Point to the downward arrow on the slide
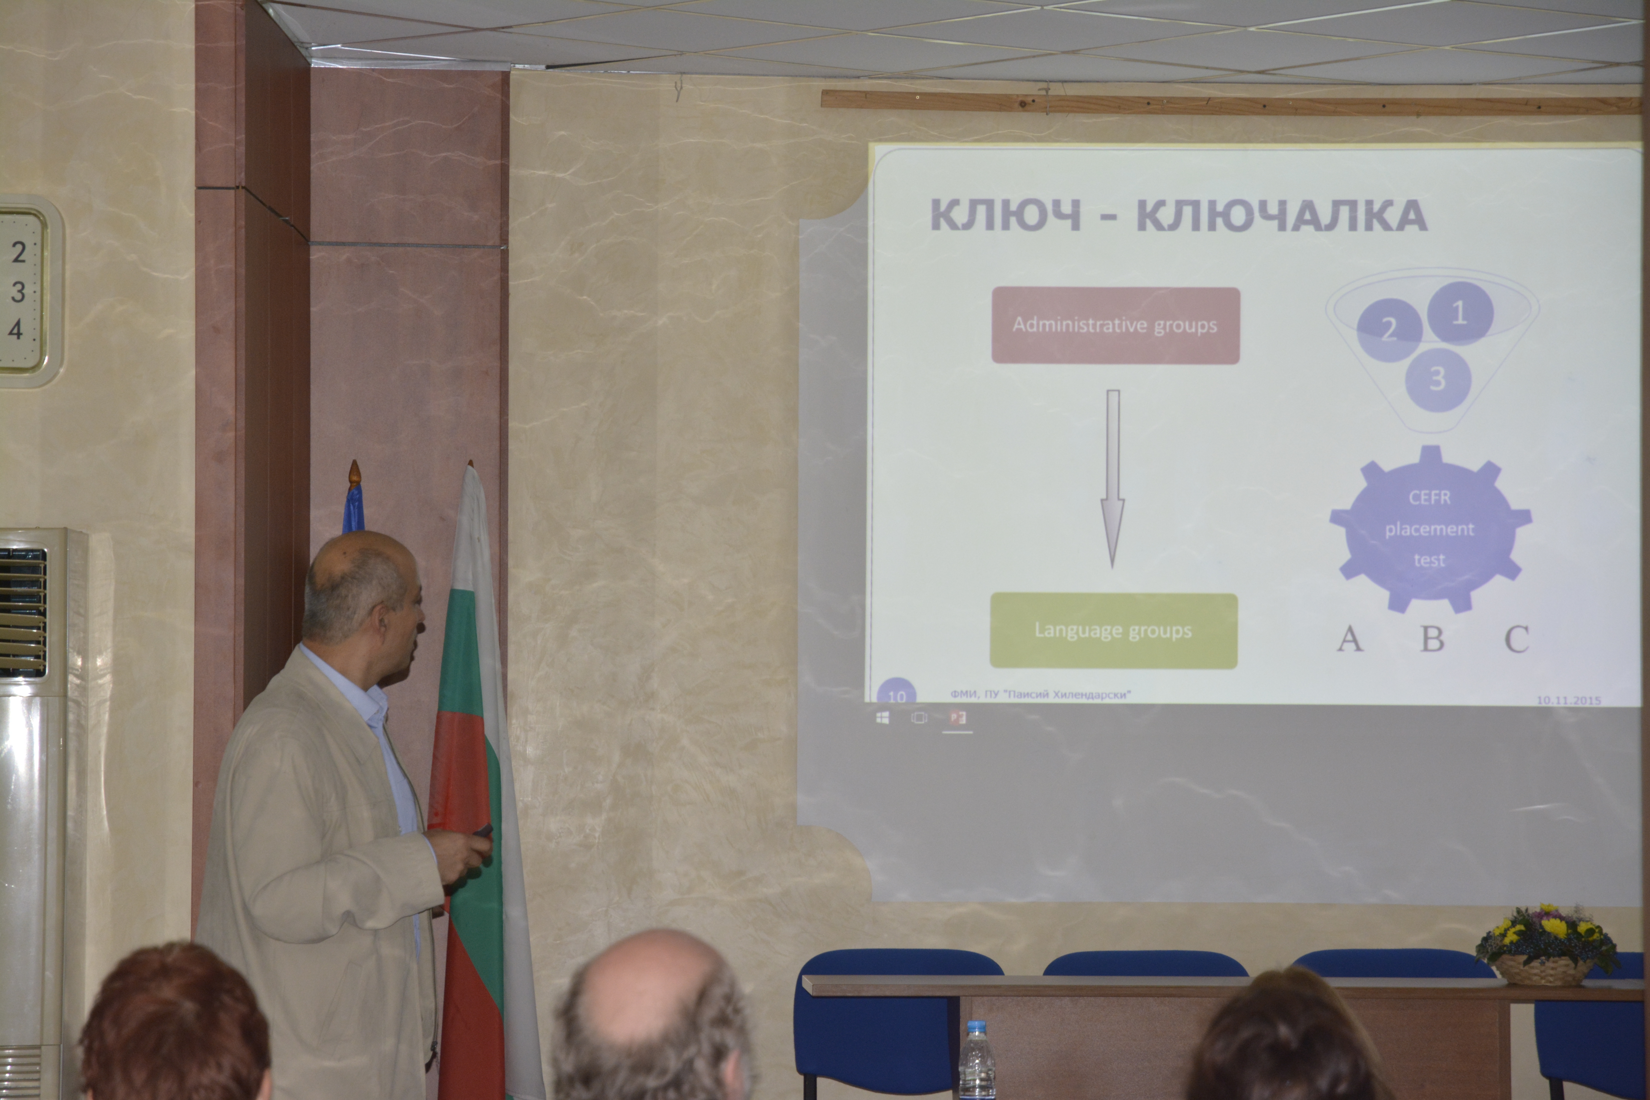click(1113, 479)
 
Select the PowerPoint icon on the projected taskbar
click(958, 718)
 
